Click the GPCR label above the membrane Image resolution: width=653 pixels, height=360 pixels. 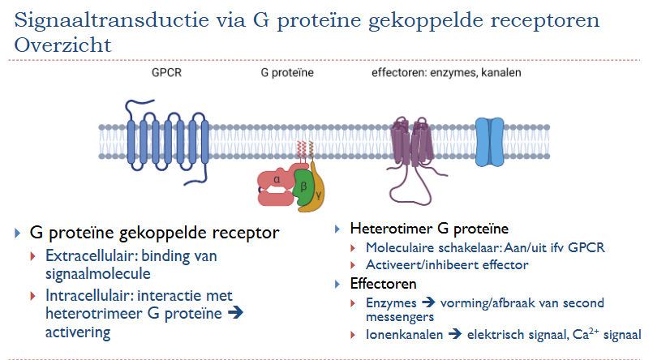[165, 73]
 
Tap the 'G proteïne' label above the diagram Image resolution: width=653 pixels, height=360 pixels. [287, 73]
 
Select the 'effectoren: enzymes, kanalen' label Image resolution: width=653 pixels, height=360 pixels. [445, 73]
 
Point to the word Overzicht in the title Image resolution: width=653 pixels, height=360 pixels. [63, 45]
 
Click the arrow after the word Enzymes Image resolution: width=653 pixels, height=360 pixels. [422, 302]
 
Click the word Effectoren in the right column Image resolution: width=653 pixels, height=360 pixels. [383, 284]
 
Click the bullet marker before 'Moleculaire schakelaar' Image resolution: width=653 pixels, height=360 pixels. [354, 247]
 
